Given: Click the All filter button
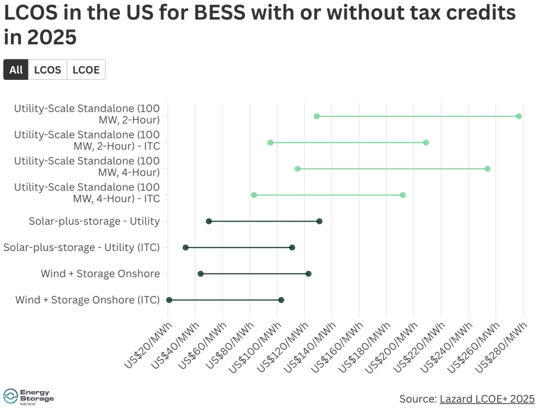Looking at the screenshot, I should pyautogui.click(x=16, y=70).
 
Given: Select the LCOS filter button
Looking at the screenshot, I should pyautogui.click(x=47, y=70).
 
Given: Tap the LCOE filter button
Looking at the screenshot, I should pyautogui.click(x=86, y=70).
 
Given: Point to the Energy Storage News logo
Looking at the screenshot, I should pyautogui.click(x=28, y=397).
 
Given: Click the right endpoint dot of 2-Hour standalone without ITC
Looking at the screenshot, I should pyautogui.click(x=519, y=116).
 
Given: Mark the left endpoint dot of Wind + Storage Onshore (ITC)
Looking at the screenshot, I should pyautogui.click(x=169, y=300).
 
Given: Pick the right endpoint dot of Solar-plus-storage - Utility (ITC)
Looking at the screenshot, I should pyautogui.click(x=292, y=247).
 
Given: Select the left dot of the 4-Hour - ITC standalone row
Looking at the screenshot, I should pyautogui.click(x=254, y=195).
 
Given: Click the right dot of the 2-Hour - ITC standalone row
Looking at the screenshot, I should pyautogui.click(x=426, y=143).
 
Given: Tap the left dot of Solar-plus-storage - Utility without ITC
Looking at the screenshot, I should pyautogui.click(x=209, y=221).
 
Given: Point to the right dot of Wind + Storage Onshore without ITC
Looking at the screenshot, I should pyautogui.click(x=308, y=274).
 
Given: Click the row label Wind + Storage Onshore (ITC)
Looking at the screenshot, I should pyautogui.click(x=87, y=300).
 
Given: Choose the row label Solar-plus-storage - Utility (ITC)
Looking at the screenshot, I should pyautogui.click(x=81, y=247).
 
